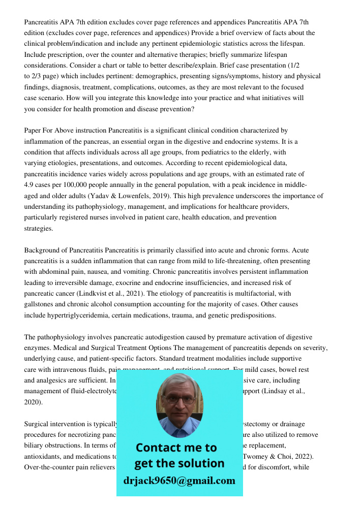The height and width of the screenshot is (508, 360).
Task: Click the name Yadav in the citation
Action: click(x=101, y=196)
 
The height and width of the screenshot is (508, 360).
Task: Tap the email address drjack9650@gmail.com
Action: click(x=179, y=481)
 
